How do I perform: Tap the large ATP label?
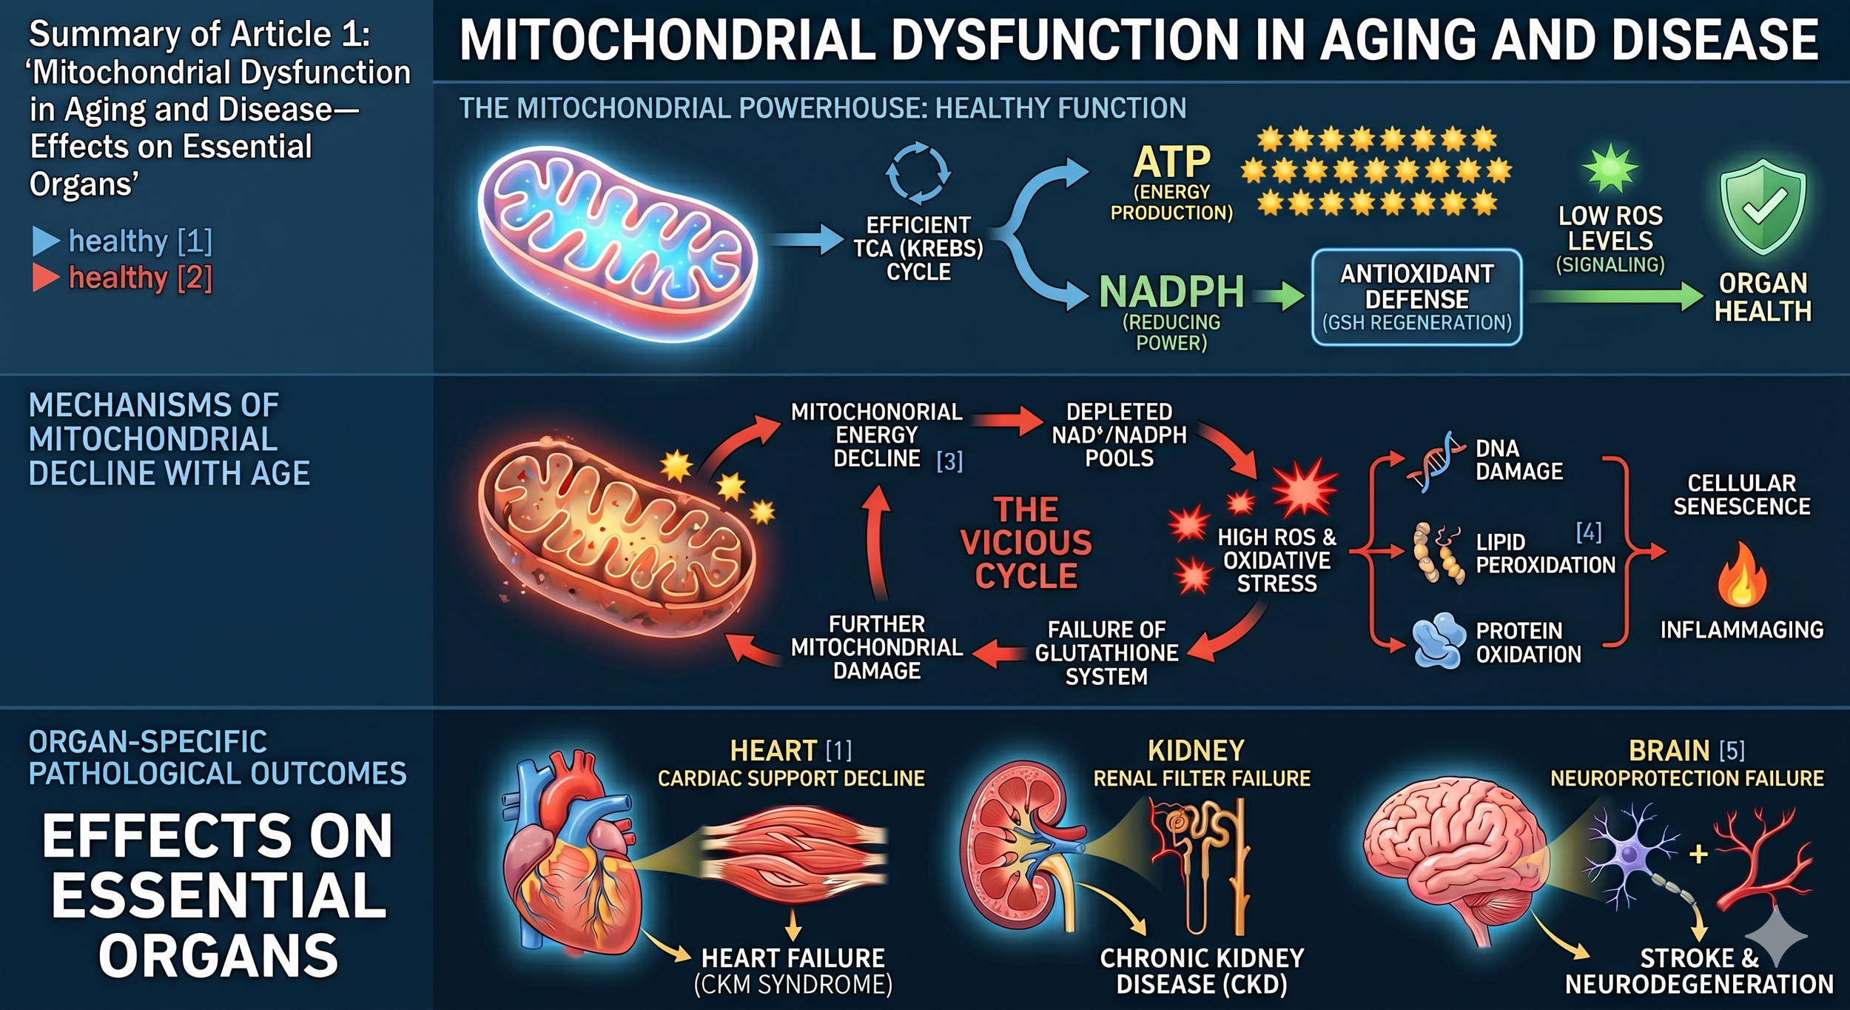(1171, 162)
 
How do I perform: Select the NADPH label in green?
(1171, 292)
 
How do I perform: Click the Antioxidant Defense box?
(1416, 298)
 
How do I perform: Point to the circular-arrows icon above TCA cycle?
(918, 173)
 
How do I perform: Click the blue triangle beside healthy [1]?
(45, 241)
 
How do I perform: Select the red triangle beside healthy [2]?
(45, 278)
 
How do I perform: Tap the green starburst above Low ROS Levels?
(1610, 169)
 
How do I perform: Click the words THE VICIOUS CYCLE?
(1026, 543)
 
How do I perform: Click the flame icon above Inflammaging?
(1742, 575)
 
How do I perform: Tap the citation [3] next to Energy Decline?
(949, 461)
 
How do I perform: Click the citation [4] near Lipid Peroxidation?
(1589, 532)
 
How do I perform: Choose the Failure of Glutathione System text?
(1106, 652)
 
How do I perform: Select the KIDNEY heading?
(1196, 751)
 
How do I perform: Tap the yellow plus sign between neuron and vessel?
(1699, 855)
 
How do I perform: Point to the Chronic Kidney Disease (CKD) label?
(1202, 971)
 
